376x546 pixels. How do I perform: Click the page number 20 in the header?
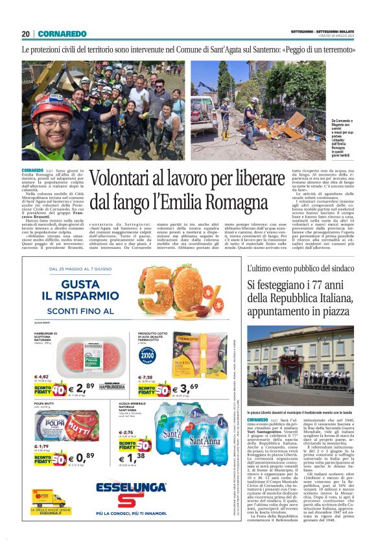click(25, 33)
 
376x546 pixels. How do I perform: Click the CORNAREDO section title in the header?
click(62, 33)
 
